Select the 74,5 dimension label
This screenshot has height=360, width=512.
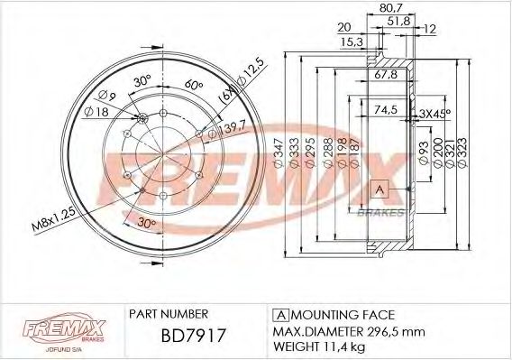pyautogui.click(x=386, y=111)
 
